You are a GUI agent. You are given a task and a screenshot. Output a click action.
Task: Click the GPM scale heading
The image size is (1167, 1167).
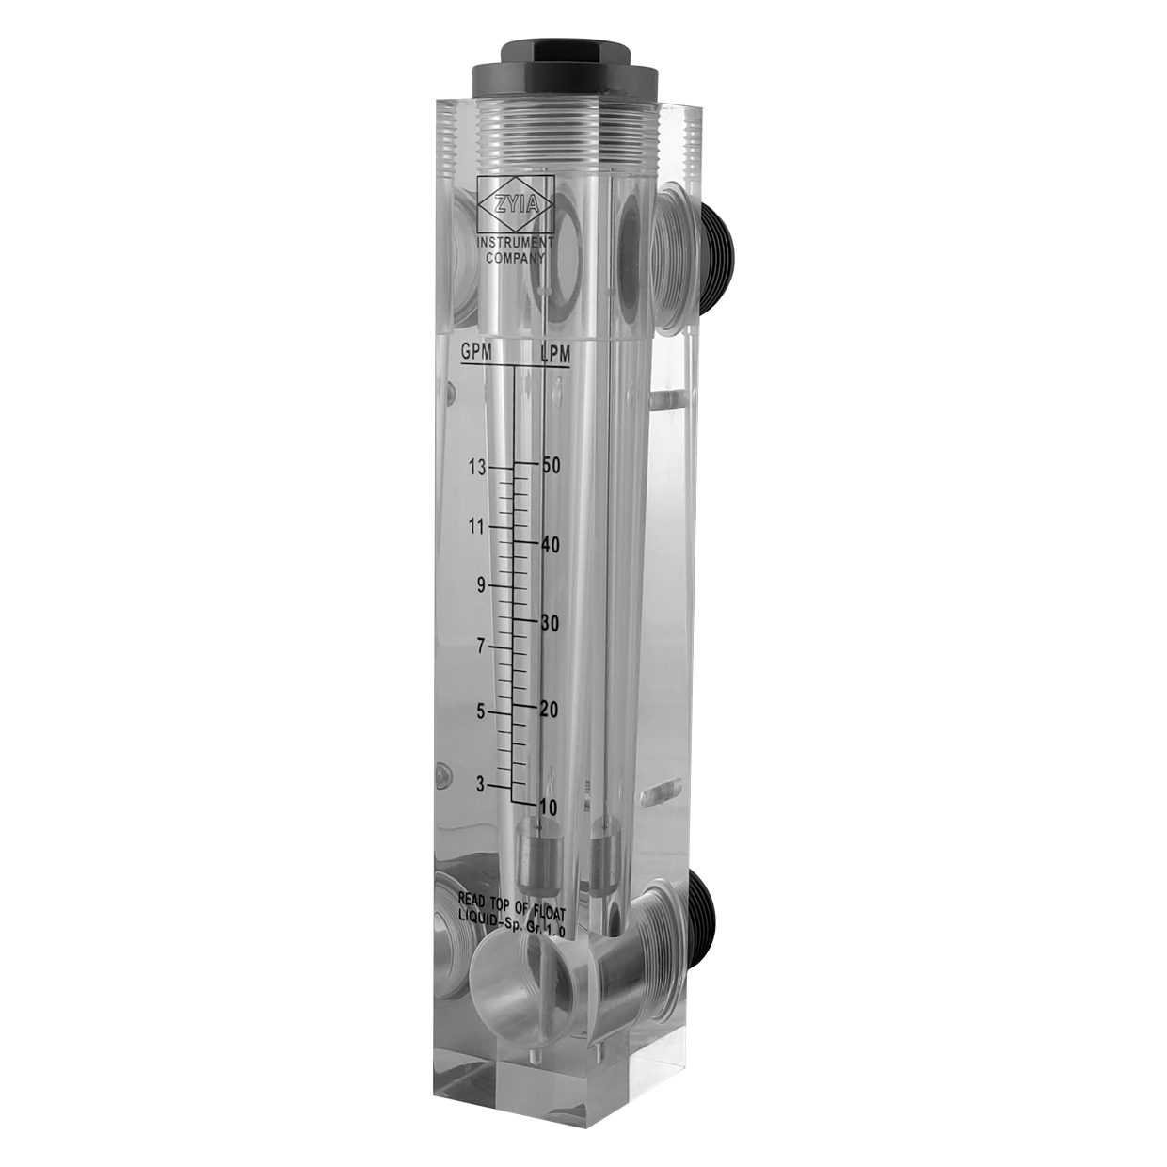click(x=476, y=353)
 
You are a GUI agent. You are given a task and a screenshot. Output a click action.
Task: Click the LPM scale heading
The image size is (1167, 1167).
click(x=554, y=355)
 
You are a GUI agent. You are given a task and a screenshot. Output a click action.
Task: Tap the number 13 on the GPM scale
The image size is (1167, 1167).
click(x=477, y=468)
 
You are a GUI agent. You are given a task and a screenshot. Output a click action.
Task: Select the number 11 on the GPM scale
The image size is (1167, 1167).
click(x=477, y=527)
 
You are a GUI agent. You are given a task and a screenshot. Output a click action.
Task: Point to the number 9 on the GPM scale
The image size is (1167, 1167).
click(x=482, y=585)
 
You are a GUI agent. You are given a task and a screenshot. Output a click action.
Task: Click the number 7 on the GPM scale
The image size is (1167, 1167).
click(x=482, y=647)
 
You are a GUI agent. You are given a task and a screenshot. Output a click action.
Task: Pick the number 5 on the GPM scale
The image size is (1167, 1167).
click(x=482, y=712)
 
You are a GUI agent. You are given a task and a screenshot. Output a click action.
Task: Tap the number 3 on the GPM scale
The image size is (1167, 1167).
click(x=480, y=786)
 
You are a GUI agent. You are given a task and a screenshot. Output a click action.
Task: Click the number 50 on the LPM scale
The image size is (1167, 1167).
click(x=551, y=467)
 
